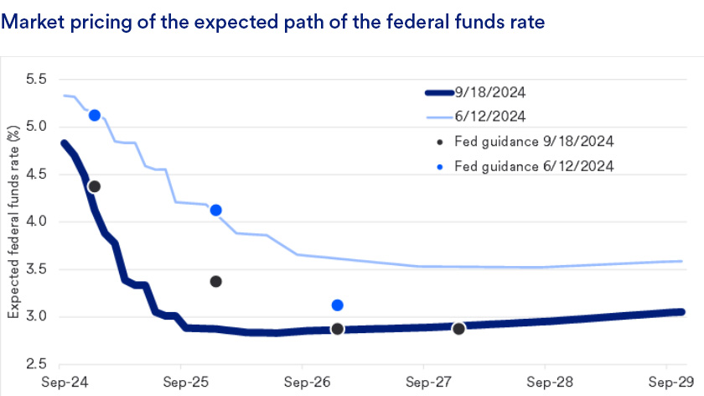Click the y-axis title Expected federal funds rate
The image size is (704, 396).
point(14,221)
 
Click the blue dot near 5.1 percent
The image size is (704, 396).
point(95,115)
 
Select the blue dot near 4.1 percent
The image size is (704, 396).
point(215,211)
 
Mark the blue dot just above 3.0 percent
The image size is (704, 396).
point(337,305)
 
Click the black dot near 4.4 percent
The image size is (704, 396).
point(94,186)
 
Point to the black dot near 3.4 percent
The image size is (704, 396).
point(215,281)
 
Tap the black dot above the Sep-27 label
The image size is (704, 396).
point(458,328)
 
